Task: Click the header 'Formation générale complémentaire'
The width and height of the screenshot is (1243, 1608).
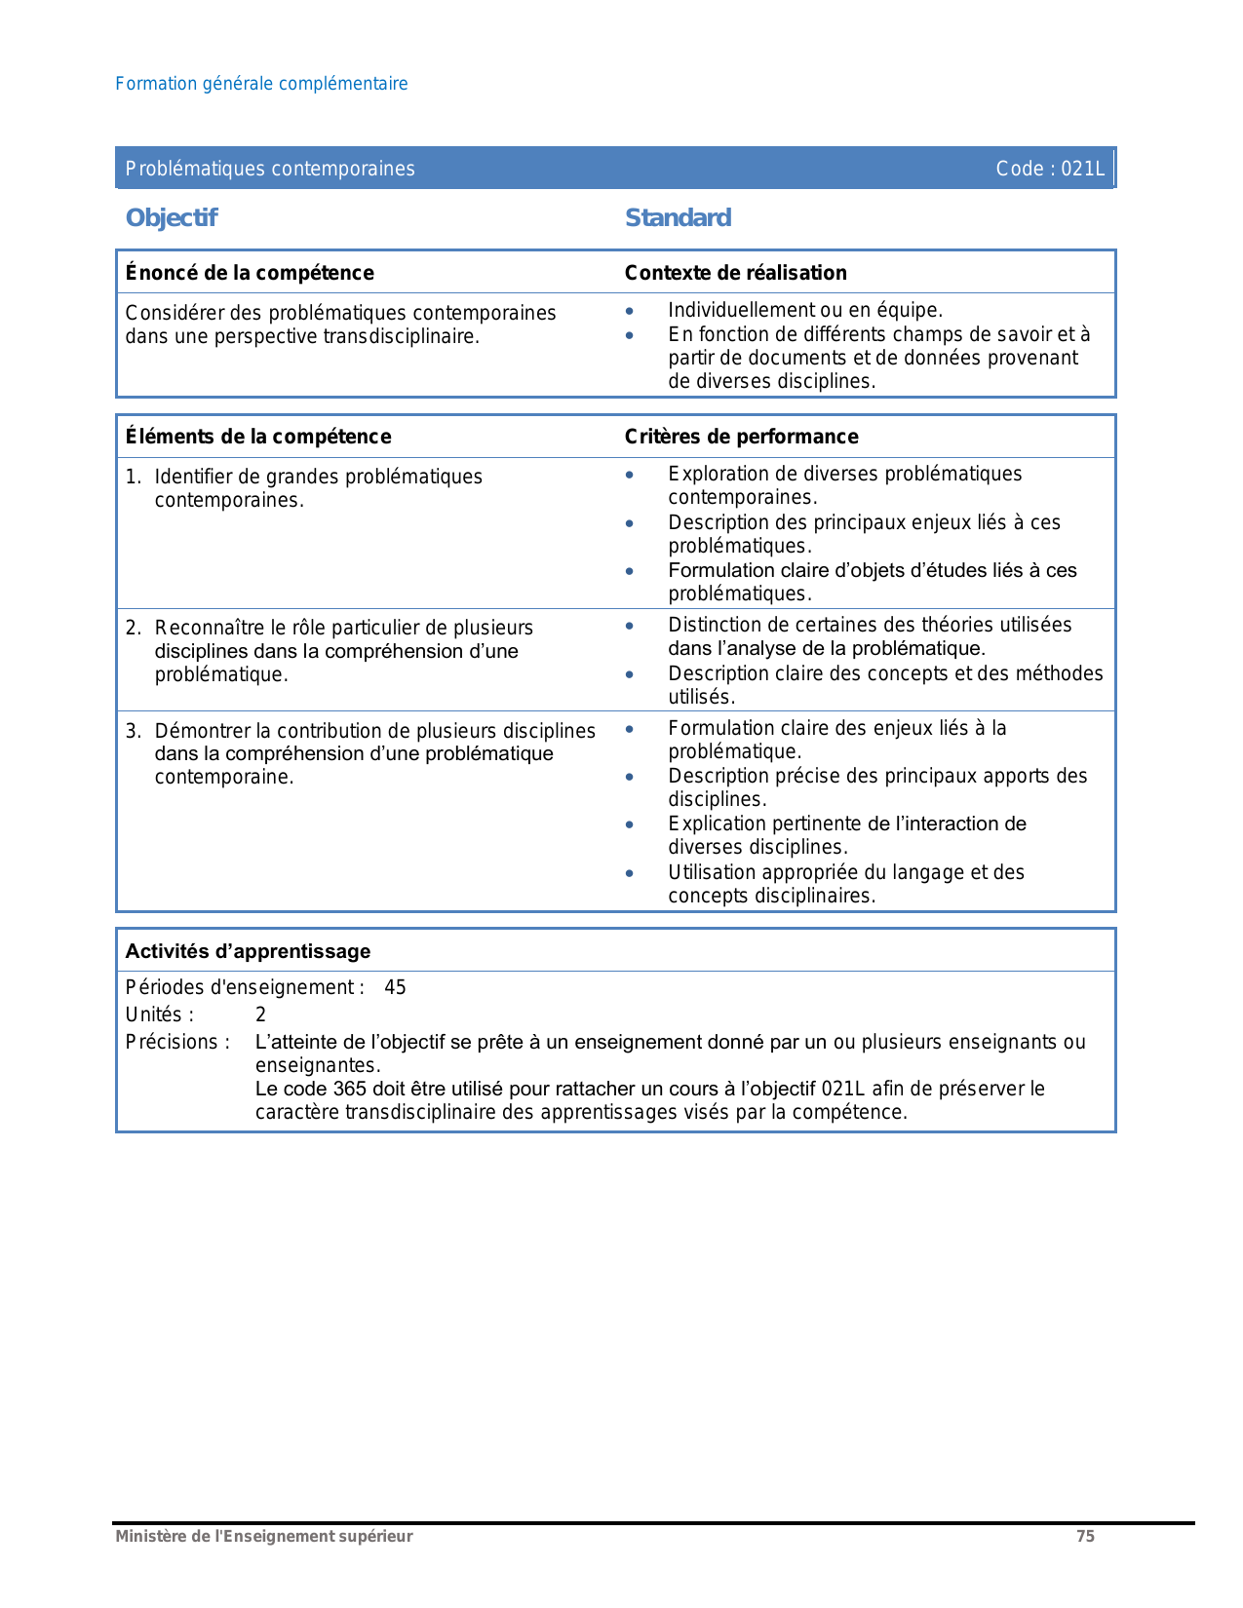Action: click(261, 84)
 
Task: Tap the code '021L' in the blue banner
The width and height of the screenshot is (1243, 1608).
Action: click(1082, 169)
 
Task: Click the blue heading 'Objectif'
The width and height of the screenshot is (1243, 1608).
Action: click(172, 217)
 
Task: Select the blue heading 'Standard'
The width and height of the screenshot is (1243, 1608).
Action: click(678, 217)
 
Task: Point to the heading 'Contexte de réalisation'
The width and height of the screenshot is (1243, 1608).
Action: click(735, 273)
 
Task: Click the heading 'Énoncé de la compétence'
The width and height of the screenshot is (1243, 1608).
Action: click(250, 273)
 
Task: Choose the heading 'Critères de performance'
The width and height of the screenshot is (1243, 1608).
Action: click(741, 437)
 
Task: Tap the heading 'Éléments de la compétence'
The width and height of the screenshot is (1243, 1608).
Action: click(258, 437)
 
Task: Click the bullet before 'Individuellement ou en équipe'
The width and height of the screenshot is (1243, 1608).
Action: click(630, 311)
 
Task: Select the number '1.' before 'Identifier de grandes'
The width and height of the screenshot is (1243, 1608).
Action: click(134, 477)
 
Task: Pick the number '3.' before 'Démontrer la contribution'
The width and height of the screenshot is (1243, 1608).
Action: click(134, 731)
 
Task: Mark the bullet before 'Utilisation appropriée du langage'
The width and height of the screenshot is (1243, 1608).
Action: click(630, 873)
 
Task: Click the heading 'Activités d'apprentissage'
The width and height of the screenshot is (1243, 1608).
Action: click(248, 951)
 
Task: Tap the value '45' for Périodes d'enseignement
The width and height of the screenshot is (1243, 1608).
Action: click(395, 987)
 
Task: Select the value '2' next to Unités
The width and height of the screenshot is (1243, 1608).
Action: click(260, 1015)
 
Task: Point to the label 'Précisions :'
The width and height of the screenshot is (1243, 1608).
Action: click(177, 1042)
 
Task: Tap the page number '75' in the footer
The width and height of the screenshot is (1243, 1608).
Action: click(1085, 1536)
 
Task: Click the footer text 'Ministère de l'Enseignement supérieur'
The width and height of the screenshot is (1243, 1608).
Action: click(264, 1536)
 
